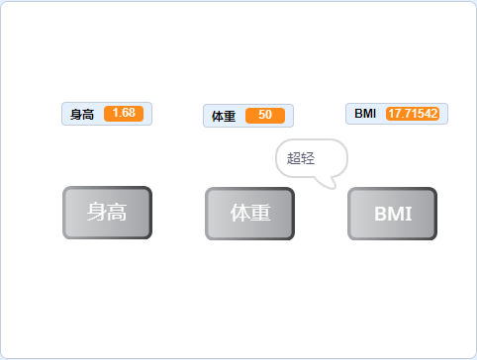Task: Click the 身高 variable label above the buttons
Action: point(83,114)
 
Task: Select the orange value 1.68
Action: point(124,114)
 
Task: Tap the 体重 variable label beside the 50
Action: point(224,116)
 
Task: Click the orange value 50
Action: point(265,116)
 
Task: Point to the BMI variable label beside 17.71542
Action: point(365,114)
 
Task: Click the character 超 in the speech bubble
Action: point(294,158)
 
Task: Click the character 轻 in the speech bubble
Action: point(308,158)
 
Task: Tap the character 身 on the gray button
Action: point(96,212)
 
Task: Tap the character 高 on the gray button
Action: point(118,212)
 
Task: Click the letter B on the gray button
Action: point(381,214)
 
